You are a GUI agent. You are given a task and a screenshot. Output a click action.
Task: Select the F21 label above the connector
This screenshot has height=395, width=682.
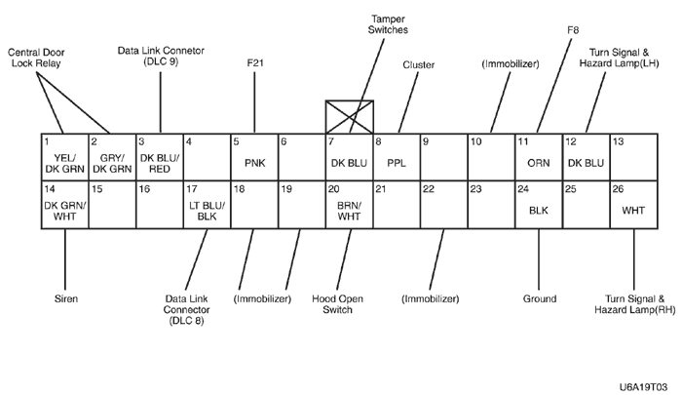pos(254,63)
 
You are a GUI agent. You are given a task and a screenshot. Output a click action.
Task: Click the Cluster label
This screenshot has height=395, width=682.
pos(418,64)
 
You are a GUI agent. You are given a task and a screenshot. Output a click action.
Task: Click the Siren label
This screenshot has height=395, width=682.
pos(64,297)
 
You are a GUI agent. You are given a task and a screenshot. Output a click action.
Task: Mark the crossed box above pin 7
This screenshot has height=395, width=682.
pos(349,116)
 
